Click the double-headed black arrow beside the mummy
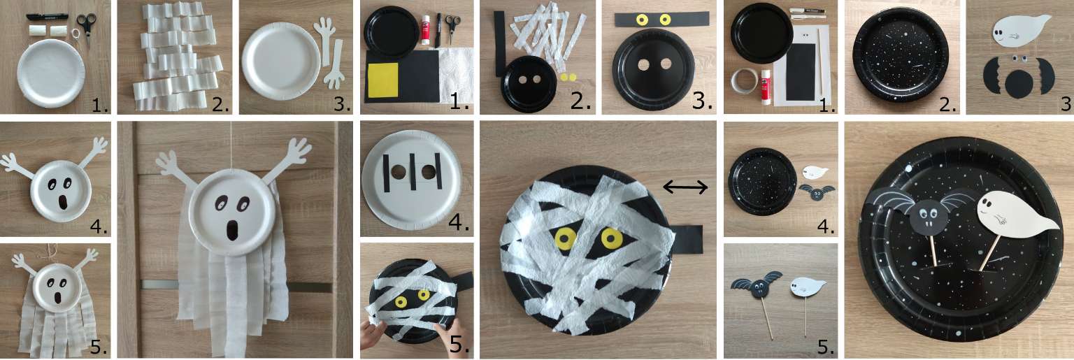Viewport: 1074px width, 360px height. tap(685, 186)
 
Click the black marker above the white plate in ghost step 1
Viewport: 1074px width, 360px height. tap(47, 16)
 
